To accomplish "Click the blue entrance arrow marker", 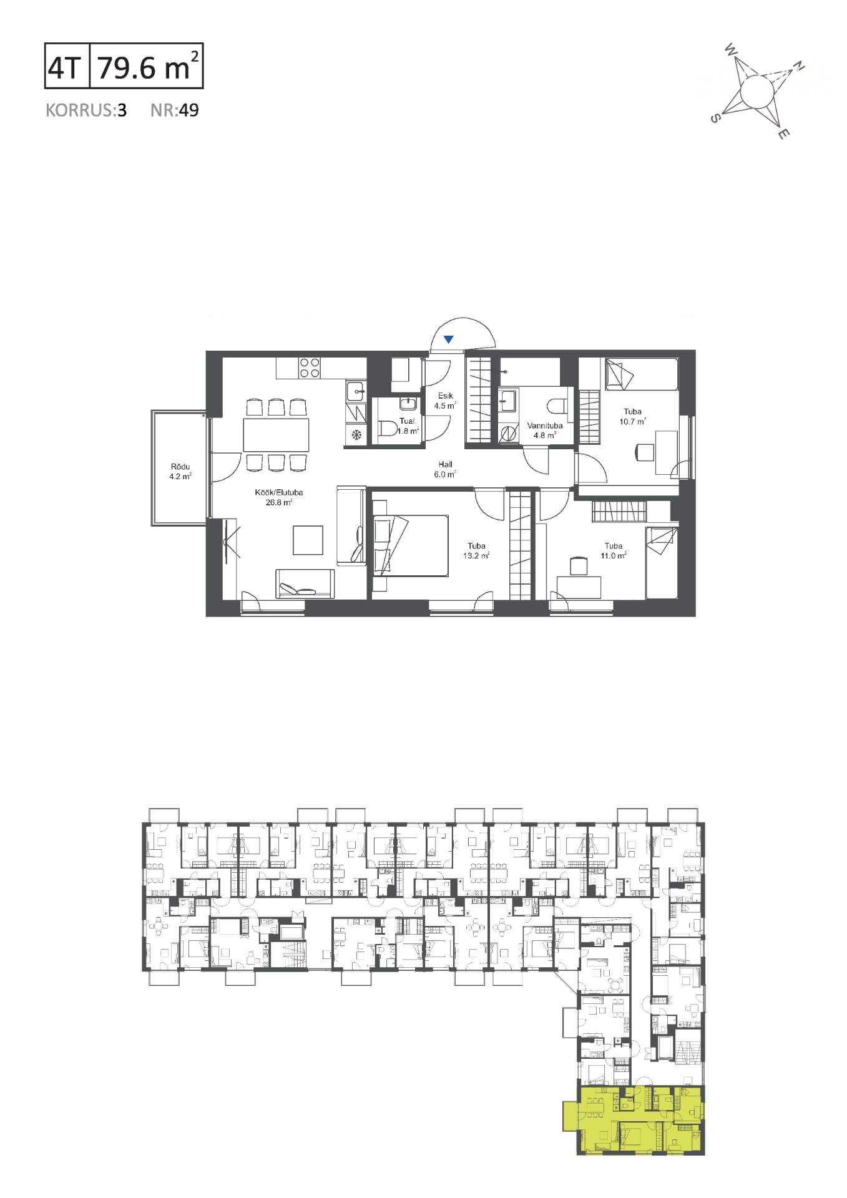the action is [448, 339].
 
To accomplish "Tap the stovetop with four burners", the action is [309, 367].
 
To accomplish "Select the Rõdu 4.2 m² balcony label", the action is [180, 471].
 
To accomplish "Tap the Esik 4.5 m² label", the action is [445, 400].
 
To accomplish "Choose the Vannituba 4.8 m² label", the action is [545, 431].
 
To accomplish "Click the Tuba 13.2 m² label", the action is [476, 551].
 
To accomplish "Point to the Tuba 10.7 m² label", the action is [632, 416].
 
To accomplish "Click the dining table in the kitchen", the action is [276, 434].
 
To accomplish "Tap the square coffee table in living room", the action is [308, 540].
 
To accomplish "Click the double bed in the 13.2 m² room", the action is [411, 545].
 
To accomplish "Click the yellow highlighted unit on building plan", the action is [634, 1120].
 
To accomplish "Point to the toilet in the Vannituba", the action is [557, 406].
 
